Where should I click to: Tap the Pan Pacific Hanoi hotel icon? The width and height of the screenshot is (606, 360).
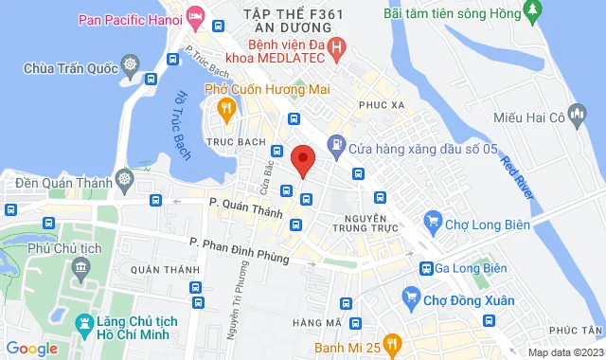pos(196,16)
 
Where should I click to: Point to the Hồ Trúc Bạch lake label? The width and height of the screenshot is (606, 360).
pos(183,122)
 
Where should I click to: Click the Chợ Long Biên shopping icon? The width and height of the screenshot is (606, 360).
pos(433,224)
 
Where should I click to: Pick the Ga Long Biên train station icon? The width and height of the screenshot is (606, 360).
pos(427,268)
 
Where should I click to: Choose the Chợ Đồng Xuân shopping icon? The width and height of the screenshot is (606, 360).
pos(411,300)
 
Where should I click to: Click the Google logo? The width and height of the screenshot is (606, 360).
pos(31,349)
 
